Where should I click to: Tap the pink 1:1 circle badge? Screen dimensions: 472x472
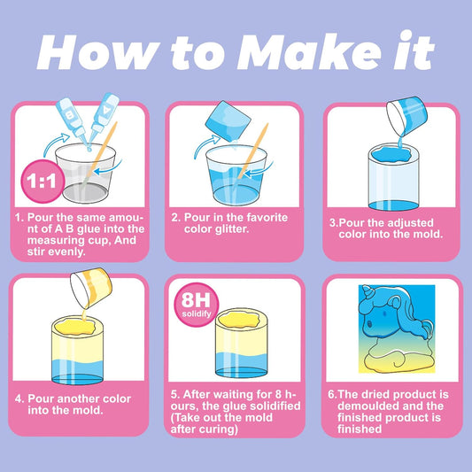pos(43,182)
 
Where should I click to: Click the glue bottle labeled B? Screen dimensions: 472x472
pos(72,120)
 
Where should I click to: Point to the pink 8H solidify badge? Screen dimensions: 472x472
pos(197,305)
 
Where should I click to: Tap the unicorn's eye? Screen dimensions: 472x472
pos(368,324)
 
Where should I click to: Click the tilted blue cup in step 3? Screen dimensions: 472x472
pos(406,115)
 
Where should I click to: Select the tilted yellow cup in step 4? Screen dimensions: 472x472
pos(91,288)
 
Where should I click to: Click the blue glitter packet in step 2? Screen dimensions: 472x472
pos(228,121)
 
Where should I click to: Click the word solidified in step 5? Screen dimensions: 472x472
pos(275,406)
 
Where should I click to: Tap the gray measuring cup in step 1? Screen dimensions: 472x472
pos(85,174)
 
